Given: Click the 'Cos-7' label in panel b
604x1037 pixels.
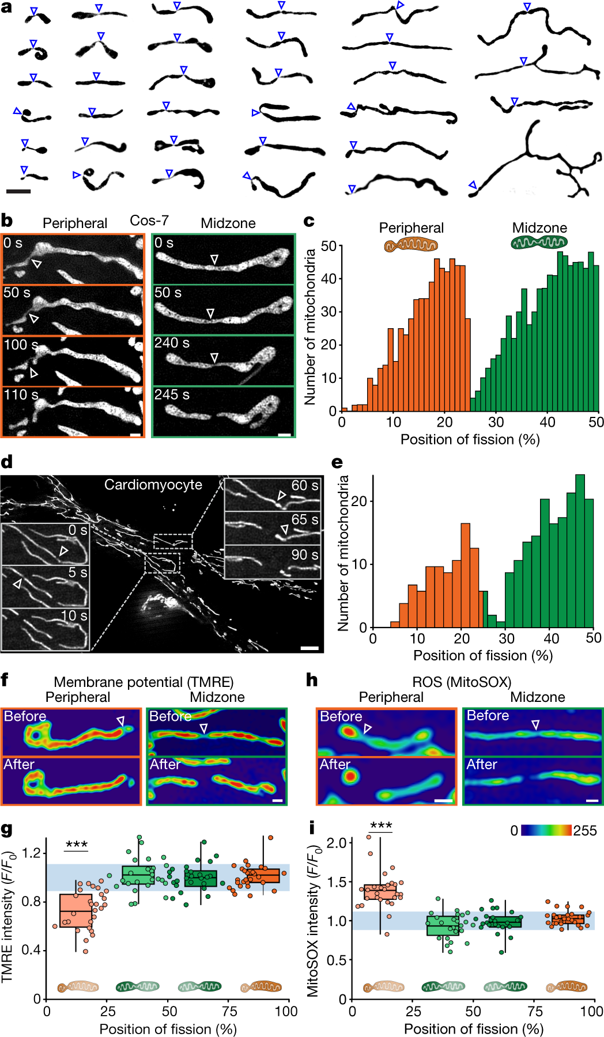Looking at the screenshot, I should [x=149, y=221].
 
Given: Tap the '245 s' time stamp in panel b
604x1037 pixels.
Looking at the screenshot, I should [x=172, y=395].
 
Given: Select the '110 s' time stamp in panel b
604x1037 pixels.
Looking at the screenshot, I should [x=21, y=395].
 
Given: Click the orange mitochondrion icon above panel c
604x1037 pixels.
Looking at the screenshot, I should [x=411, y=245].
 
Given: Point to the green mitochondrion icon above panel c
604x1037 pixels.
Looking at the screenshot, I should [x=539, y=242].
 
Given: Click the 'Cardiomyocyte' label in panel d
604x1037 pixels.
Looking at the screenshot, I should [x=153, y=485].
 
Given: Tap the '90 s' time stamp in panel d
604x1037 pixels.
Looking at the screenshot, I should [x=304, y=555].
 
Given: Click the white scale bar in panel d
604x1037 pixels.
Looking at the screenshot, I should [x=309, y=648].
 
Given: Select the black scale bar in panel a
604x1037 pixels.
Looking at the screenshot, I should [x=18, y=191].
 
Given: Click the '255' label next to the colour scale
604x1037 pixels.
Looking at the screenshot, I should [x=584, y=830].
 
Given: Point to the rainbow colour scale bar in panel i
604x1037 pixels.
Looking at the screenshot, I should [x=546, y=830].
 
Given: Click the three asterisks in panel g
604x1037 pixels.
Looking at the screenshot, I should [x=77, y=845].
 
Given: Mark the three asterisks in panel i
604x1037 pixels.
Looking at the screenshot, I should [x=381, y=826].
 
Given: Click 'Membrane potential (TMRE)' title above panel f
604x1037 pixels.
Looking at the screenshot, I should [x=144, y=682].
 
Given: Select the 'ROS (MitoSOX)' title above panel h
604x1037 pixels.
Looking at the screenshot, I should [x=461, y=682].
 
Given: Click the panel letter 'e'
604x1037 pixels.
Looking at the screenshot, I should [x=337, y=462].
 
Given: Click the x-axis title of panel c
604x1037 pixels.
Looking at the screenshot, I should [x=470, y=440].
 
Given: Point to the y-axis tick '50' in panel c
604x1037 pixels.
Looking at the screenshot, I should [x=329, y=246].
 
